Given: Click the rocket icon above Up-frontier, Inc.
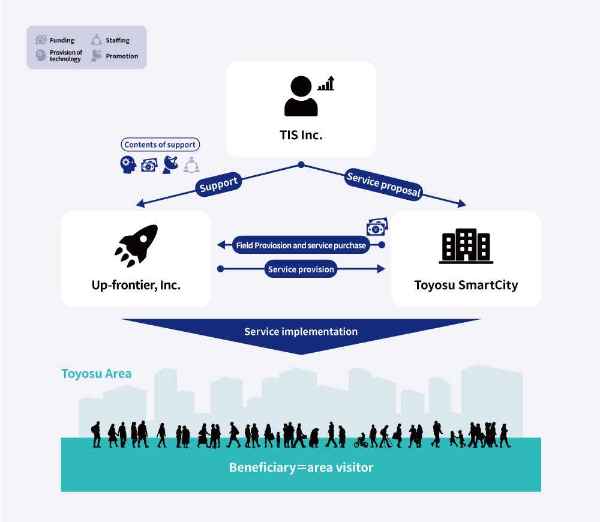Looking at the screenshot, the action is click(136, 245).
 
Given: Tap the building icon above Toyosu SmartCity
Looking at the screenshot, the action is click(466, 246).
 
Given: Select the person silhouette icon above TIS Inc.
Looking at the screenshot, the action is click(301, 96).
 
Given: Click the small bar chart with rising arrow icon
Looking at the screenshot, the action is click(326, 83).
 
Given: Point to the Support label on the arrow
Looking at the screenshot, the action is click(218, 184).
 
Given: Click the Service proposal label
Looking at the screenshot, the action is click(383, 184).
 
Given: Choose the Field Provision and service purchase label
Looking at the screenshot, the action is click(301, 245).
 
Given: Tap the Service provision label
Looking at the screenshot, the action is click(301, 269).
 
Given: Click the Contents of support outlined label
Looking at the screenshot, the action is click(160, 145).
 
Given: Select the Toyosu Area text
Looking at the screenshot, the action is click(97, 374).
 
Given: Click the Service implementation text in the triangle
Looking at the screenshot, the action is click(301, 331).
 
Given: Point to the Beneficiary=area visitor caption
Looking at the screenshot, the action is click(301, 467).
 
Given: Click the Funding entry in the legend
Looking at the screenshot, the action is click(55, 40).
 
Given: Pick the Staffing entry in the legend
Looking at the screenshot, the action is click(110, 40).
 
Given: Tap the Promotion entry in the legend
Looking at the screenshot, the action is click(115, 56).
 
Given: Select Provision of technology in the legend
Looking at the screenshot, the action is click(59, 56).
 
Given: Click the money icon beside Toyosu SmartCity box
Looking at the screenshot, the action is click(377, 227).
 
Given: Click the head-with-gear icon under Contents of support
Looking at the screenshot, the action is click(128, 165).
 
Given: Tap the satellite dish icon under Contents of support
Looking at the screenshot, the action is click(170, 165).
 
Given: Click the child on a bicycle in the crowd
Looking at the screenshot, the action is click(361, 441).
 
